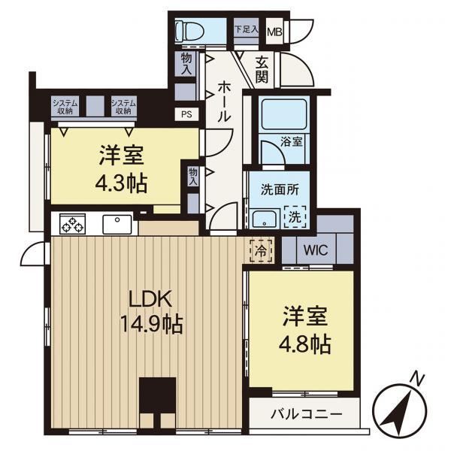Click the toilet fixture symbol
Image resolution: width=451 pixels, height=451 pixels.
pyautogui.click(x=190, y=31)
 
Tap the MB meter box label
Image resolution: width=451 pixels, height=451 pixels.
pyautogui.click(x=274, y=32)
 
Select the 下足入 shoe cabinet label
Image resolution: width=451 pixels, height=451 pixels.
pyautogui.click(x=247, y=29)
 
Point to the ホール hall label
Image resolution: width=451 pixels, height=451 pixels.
pyautogui.click(x=224, y=101)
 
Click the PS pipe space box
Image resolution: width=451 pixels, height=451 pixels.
pyautogui.click(x=186, y=114)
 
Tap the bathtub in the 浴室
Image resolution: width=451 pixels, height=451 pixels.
pyautogui.click(x=284, y=114)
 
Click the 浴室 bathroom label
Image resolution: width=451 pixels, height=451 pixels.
pyautogui.click(x=292, y=141)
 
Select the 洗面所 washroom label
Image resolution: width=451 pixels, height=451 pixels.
pyautogui.click(x=280, y=189)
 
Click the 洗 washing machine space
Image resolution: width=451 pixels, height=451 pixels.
pyautogui.click(x=295, y=217)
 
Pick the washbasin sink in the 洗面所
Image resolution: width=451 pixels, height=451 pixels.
pyautogui.click(x=265, y=219)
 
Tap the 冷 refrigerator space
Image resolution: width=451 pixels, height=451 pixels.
pyautogui.click(x=261, y=251)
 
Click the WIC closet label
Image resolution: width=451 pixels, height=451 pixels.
pyautogui.click(x=316, y=250)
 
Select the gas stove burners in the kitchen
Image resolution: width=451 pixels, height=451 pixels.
pyautogui.click(x=72, y=224)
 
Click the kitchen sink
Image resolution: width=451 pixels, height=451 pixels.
pyautogui.click(x=117, y=224)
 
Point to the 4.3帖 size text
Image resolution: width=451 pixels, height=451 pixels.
pyautogui.click(x=121, y=183)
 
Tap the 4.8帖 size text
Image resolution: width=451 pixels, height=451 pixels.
pyautogui.click(x=305, y=344)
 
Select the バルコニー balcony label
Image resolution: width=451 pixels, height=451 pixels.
pyautogui.click(x=307, y=414)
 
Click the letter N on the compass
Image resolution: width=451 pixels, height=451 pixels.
pyautogui.click(x=417, y=379)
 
